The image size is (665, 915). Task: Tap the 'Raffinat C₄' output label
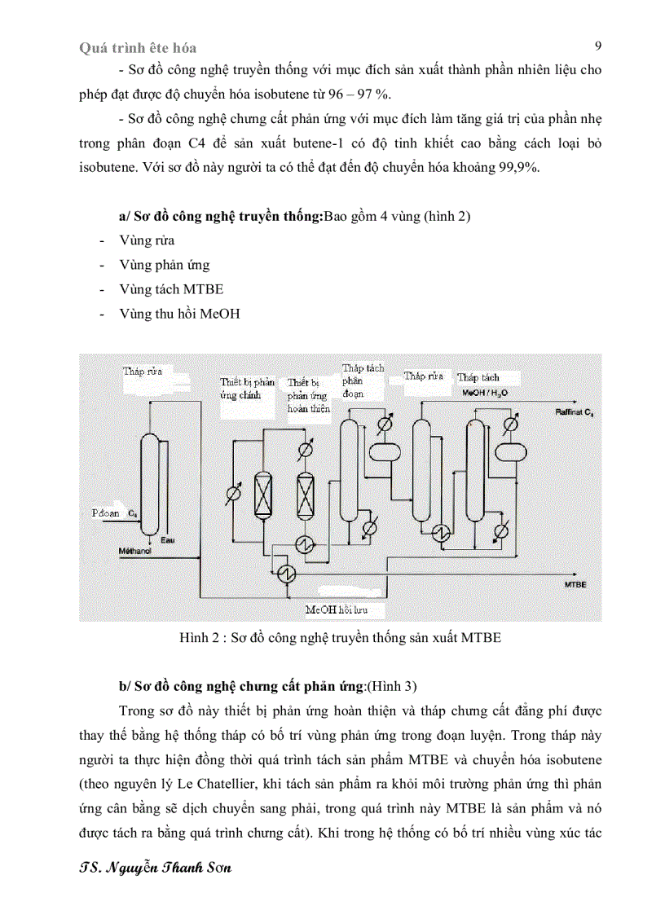575,414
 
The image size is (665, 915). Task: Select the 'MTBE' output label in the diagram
576,585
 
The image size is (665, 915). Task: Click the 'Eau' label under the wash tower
168,541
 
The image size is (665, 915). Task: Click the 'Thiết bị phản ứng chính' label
248,389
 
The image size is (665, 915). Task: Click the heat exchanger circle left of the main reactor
233,493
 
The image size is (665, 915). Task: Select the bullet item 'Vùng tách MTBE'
171,289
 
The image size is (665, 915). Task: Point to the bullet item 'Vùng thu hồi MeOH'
179,314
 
